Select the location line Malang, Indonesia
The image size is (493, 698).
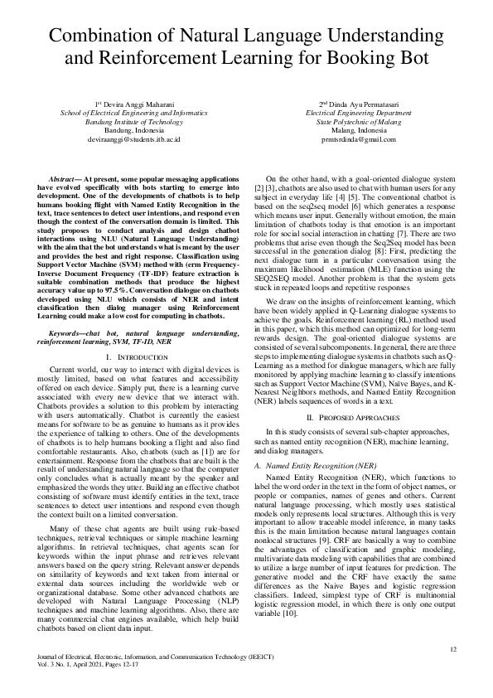[x=347, y=131]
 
